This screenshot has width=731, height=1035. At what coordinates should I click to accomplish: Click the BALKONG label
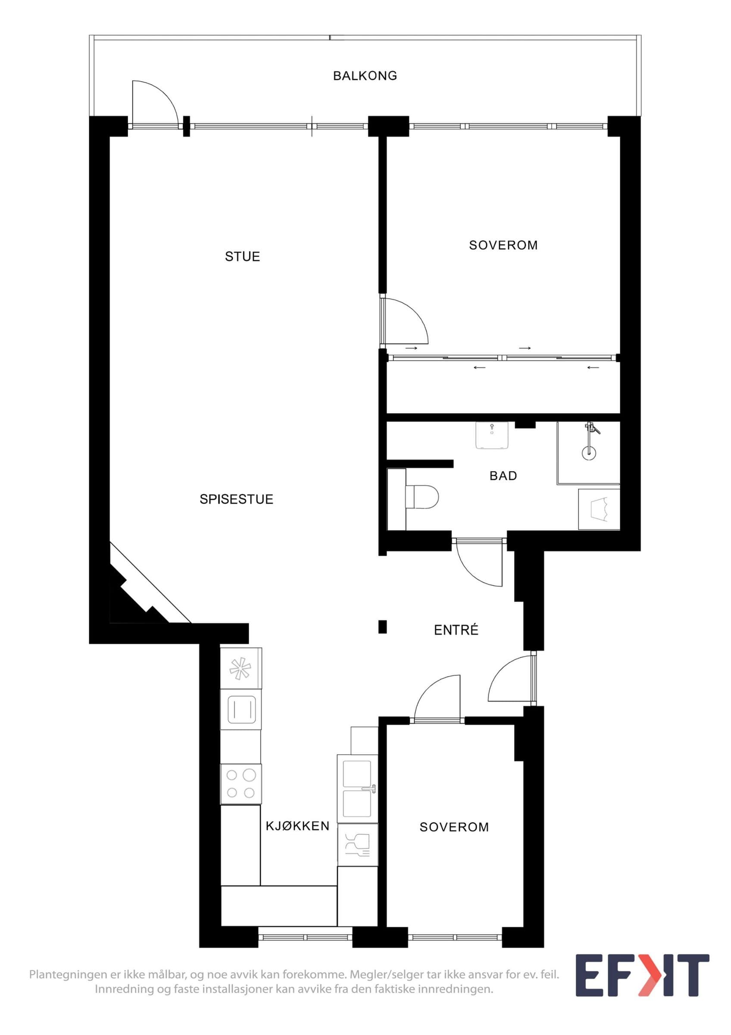(365, 76)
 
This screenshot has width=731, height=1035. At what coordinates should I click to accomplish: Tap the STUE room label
(242, 257)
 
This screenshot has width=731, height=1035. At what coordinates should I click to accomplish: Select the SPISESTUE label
(237, 499)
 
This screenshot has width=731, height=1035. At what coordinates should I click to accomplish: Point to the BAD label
(503, 476)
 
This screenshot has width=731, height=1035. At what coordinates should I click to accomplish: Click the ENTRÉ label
(456, 629)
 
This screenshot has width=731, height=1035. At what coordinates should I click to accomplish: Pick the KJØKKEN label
(297, 826)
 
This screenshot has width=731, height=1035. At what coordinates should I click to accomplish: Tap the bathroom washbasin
(492, 435)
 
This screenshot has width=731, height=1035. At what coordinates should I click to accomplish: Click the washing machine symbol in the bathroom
(599, 509)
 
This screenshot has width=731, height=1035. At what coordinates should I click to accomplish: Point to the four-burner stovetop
(241, 784)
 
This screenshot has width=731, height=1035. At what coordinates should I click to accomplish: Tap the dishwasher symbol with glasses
(358, 845)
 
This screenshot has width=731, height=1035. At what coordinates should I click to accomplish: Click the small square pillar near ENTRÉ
(382, 627)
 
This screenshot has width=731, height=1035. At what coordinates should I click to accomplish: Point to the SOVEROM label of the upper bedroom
(503, 245)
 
